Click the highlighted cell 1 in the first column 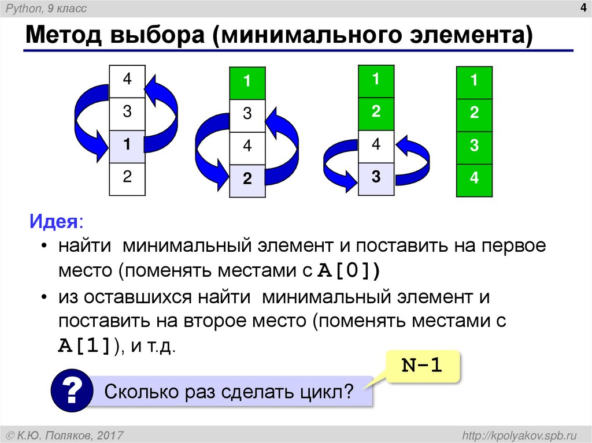(x=127, y=146)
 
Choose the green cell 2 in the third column (x=376, y=113)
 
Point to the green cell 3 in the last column (x=474, y=147)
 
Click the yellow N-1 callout (x=423, y=366)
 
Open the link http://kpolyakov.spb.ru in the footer (x=517, y=434)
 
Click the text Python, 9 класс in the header (x=51, y=9)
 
